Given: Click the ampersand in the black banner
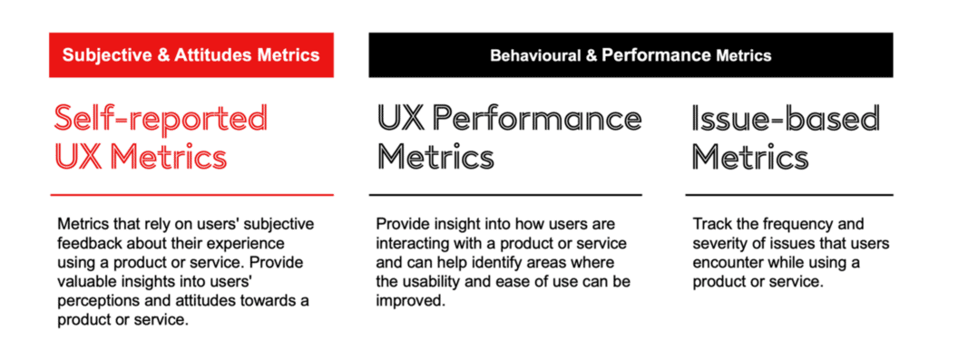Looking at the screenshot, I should [591, 56].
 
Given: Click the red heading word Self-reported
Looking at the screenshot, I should [161, 119].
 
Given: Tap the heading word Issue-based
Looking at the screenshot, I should [786, 119].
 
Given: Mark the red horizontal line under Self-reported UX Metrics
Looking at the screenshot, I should [191, 194].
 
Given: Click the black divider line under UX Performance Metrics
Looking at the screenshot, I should [505, 194].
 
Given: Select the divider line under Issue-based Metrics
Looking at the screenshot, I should [788, 194].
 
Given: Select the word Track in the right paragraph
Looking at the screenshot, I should [710, 224].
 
